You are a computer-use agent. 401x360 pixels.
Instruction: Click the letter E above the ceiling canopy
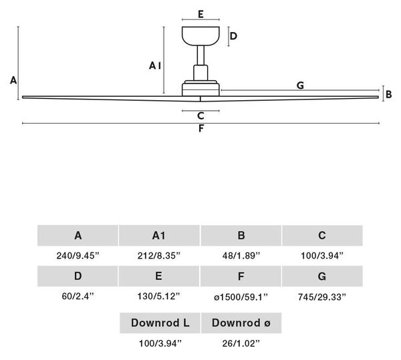200,14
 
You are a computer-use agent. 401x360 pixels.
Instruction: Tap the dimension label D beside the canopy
233,36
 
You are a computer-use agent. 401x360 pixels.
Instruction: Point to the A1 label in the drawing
155,65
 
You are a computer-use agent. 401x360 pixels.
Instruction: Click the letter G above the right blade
300,85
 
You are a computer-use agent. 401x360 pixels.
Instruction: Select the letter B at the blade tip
389,94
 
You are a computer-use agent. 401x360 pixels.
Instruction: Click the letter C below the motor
200,116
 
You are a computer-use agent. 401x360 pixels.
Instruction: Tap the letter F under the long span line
201,128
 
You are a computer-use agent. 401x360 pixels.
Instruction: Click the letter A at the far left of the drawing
13,81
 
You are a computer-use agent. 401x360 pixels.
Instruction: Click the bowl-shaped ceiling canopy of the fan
200,36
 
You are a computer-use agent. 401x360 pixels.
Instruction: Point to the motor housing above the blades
200,88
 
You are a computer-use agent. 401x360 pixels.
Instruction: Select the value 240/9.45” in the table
78,255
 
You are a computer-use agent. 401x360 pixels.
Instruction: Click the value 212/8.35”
159,255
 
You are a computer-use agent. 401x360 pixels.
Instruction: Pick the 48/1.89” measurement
241,255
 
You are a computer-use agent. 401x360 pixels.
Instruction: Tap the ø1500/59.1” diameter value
241,297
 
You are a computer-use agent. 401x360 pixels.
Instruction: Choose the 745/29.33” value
322,297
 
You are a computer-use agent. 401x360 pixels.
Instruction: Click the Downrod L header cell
160,323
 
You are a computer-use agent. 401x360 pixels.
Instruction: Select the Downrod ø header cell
241,323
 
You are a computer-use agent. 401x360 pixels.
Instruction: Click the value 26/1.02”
241,343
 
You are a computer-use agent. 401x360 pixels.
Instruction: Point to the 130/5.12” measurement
159,296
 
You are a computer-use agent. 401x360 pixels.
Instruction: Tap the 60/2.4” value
78,296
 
